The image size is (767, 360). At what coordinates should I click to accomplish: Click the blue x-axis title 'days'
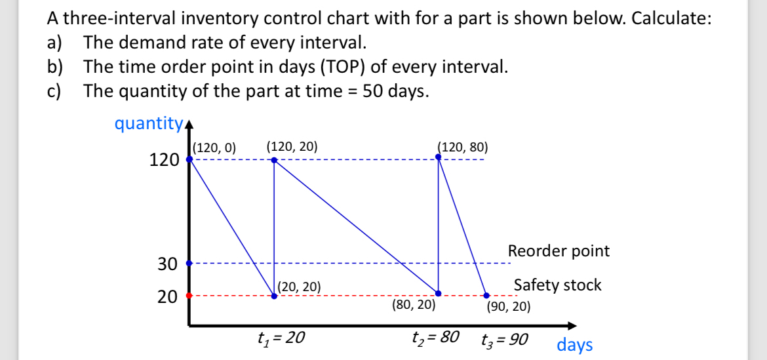point(574,344)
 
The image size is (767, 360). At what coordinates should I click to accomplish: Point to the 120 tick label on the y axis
point(164,159)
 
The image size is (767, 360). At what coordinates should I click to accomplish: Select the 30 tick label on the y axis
point(167,264)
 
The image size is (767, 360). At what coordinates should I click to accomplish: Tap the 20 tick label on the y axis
point(167,296)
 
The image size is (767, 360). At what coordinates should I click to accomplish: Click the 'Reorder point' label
point(559,250)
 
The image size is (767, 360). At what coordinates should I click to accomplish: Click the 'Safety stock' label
point(557,285)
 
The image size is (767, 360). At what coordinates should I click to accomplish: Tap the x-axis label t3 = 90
point(505,340)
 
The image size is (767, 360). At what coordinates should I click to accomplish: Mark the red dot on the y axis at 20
point(189,296)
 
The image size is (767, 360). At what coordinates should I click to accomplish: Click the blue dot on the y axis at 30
point(189,263)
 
